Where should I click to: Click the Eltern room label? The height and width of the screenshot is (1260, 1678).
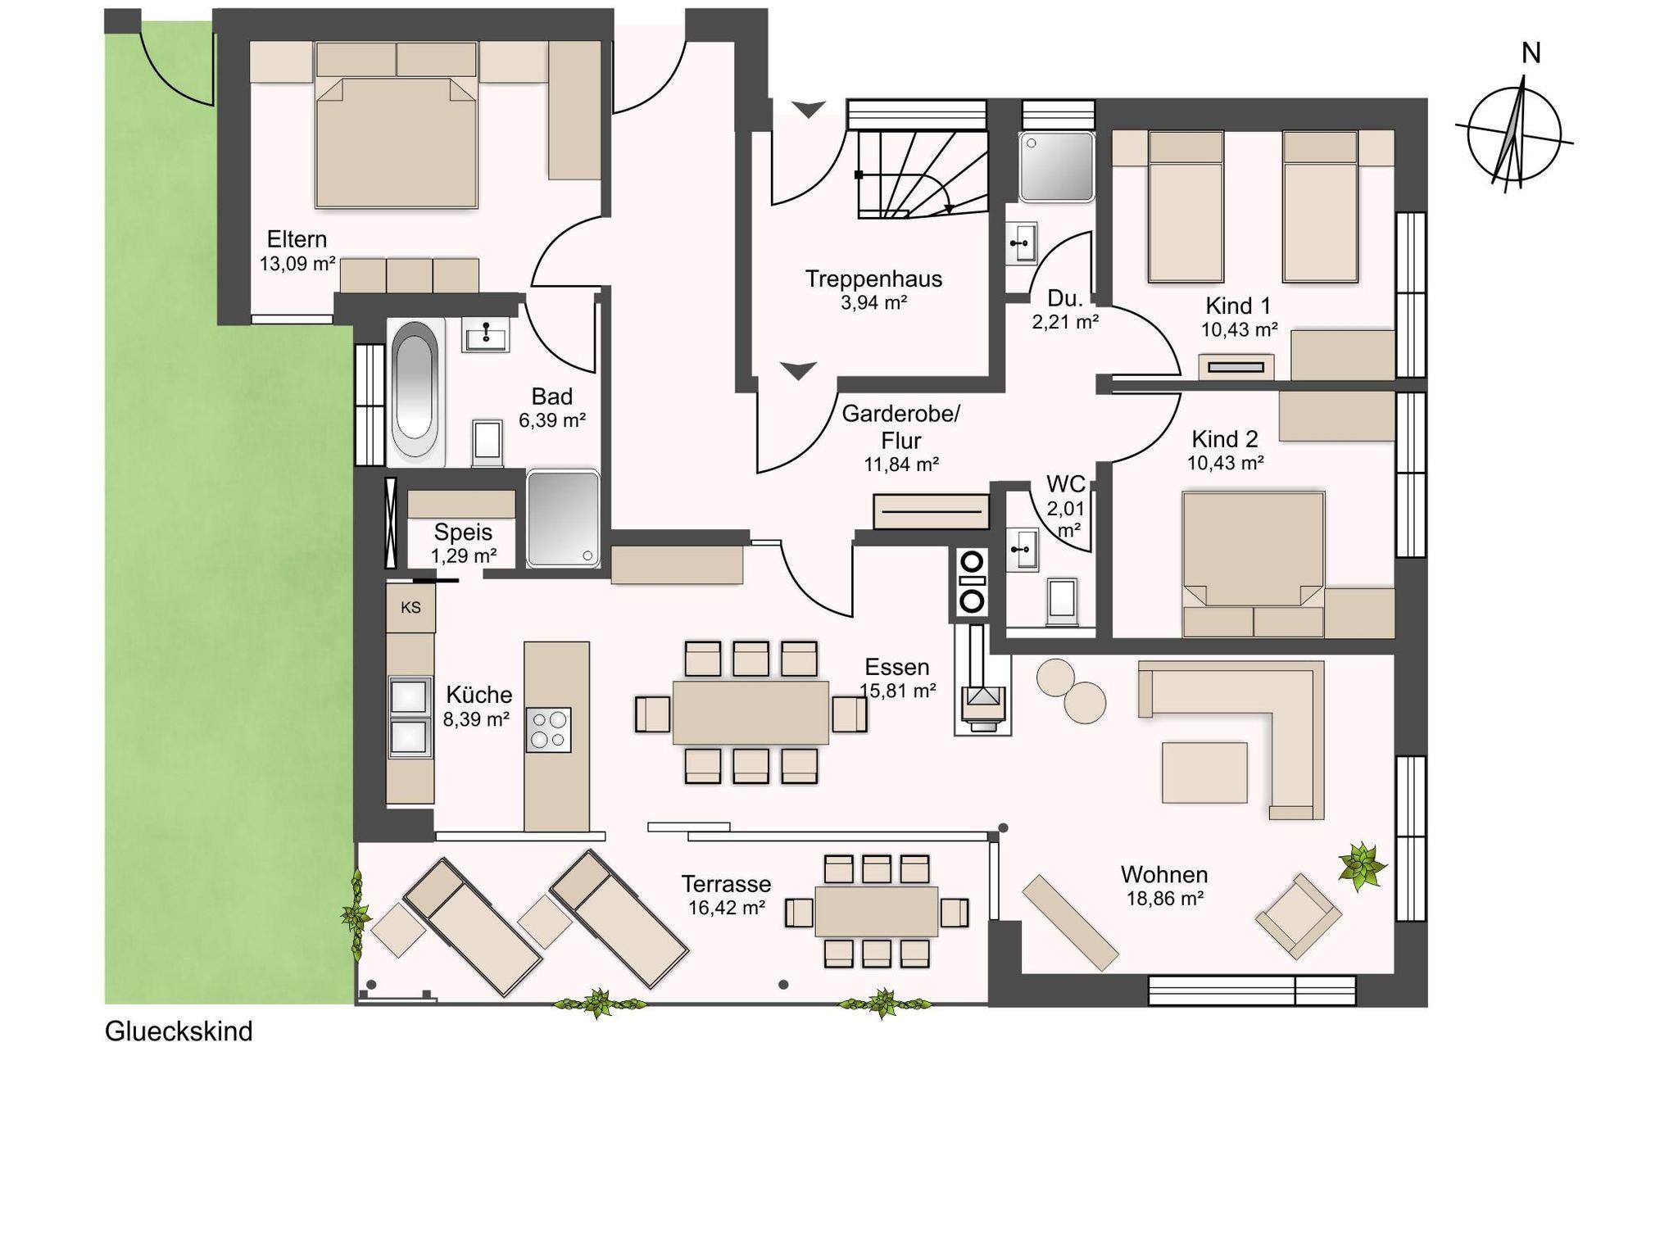297,239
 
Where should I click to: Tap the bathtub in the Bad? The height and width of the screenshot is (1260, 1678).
416,392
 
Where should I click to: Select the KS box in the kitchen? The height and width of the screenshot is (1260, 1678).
410,607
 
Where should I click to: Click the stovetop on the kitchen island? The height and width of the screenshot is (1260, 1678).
548,729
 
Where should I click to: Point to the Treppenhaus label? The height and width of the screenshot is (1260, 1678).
873,279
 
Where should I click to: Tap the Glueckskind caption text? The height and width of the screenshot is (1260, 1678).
179,1031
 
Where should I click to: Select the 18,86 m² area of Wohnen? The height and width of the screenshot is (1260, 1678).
1164,899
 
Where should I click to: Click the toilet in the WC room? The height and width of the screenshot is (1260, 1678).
1062,600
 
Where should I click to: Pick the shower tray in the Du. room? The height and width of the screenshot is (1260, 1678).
1057,166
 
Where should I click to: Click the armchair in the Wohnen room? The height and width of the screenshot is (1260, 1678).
1298,915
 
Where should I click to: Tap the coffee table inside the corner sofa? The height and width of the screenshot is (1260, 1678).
1204,773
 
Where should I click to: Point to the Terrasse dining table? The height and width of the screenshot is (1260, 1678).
877,911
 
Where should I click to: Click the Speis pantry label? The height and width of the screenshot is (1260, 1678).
463,532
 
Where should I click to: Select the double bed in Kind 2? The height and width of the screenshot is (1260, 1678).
1254,564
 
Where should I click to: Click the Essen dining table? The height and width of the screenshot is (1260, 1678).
751,712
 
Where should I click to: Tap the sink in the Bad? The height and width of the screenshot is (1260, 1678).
486,334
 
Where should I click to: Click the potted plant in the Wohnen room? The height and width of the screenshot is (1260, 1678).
1363,865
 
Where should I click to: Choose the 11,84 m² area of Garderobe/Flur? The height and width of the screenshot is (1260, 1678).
901,465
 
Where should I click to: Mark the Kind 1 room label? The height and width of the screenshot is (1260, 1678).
1238,306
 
